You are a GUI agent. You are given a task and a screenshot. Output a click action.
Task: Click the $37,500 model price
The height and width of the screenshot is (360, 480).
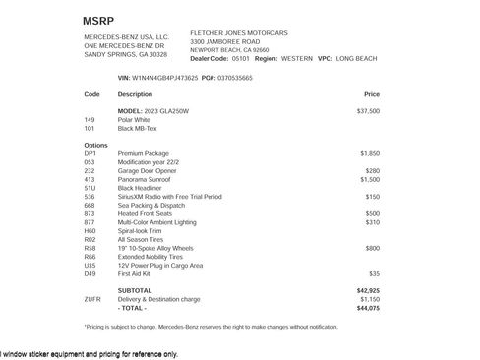(368, 111)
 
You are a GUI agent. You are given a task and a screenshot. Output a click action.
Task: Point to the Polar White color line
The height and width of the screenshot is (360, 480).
(138, 119)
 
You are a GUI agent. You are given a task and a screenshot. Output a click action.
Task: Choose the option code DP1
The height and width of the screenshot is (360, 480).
(90, 153)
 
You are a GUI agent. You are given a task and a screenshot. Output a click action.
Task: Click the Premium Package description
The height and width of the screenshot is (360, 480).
(144, 153)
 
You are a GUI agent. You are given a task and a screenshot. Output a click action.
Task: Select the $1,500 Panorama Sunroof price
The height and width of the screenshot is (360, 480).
(370, 180)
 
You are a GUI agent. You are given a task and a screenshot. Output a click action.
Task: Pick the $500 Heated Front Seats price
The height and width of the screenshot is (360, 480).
(373, 212)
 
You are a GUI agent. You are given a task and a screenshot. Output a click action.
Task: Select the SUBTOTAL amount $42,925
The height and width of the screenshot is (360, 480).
(368, 290)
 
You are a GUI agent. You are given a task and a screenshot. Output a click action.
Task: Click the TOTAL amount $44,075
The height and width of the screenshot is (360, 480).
(368, 307)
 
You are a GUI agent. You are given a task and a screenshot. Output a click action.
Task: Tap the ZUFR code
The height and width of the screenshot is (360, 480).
(92, 298)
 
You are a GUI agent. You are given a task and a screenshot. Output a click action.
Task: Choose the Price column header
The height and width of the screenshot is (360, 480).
(372, 94)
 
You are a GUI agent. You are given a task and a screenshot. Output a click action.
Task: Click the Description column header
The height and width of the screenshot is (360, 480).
(135, 94)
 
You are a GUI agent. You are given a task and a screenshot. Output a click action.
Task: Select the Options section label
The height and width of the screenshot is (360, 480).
(96, 145)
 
